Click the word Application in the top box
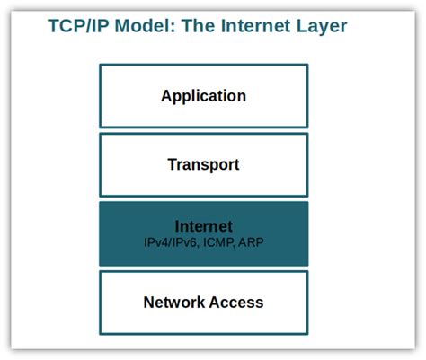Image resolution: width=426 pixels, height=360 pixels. pos(203,95)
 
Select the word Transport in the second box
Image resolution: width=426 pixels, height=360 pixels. pos(203,164)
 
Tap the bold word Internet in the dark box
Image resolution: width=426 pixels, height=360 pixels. pos(204,226)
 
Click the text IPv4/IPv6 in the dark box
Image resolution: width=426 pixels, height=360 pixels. pos(174,242)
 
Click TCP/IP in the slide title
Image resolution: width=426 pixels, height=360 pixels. pos(77,25)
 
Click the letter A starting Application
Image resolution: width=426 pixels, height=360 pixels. pos(166,95)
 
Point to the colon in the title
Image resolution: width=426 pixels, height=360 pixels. pos(173,27)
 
